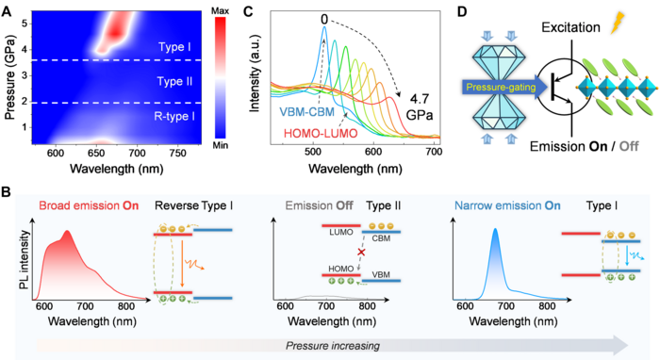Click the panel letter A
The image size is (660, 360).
pyautogui.click(x=8, y=9)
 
